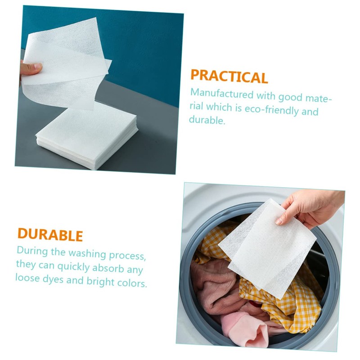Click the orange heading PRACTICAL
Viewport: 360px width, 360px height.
(x=229, y=76)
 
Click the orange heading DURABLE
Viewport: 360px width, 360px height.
(x=50, y=235)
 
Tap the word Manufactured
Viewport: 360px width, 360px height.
(x=222, y=94)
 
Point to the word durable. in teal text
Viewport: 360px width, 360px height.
(x=207, y=121)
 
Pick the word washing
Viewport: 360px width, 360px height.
(x=82, y=253)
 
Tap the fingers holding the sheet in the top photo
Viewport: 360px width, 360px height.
(x=31, y=69)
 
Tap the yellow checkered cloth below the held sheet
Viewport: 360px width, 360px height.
(x=288, y=306)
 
